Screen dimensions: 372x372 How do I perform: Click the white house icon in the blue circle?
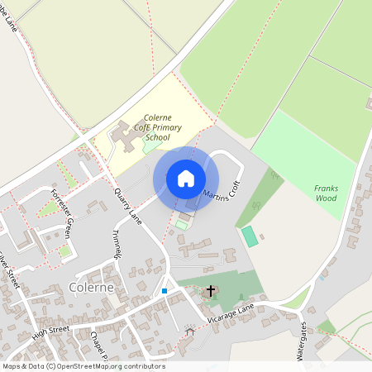pos(186,179)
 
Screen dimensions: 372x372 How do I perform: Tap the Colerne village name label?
pos(95,289)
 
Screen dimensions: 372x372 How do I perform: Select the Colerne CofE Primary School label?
pos(157,127)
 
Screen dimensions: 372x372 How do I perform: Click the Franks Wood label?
pos(326,193)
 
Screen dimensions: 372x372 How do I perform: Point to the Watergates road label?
pos(302,340)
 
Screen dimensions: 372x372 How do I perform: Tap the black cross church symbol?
pos(211,291)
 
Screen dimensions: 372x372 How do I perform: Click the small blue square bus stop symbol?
pos(165,291)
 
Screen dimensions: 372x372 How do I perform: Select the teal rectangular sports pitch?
pos(249,236)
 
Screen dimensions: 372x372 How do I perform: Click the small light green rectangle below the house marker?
pos(182,225)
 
